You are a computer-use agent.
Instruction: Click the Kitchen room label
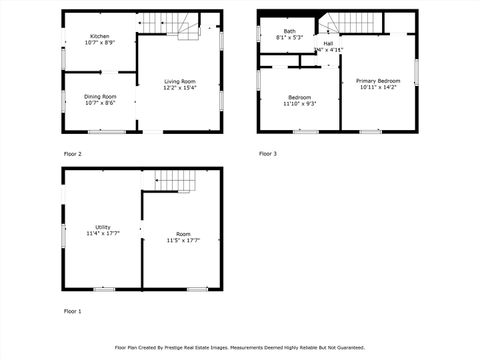(x=98, y=36)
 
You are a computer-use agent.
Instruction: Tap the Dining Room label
(x=99, y=96)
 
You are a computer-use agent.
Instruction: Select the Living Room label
(x=180, y=81)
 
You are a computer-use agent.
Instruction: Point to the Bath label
(x=289, y=31)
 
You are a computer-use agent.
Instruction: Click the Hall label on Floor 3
(x=328, y=43)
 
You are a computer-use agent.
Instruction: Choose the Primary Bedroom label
(x=378, y=80)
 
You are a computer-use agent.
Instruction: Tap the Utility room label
(x=103, y=227)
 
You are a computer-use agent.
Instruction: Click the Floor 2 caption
(x=72, y=154)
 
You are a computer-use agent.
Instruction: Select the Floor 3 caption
(x=268, y=153)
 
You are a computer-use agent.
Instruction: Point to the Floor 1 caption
(x=72, y=311)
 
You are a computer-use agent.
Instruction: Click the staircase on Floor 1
(x=173, y=180)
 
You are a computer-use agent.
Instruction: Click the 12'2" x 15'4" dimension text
(x=180, y=88)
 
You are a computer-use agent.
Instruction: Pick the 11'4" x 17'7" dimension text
(x=103, y=234)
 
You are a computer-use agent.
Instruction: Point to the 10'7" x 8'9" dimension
(x=99, y=43)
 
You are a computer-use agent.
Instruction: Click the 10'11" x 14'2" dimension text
(x=378, y=87)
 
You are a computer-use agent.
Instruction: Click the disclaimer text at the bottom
(x=239, y=348)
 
